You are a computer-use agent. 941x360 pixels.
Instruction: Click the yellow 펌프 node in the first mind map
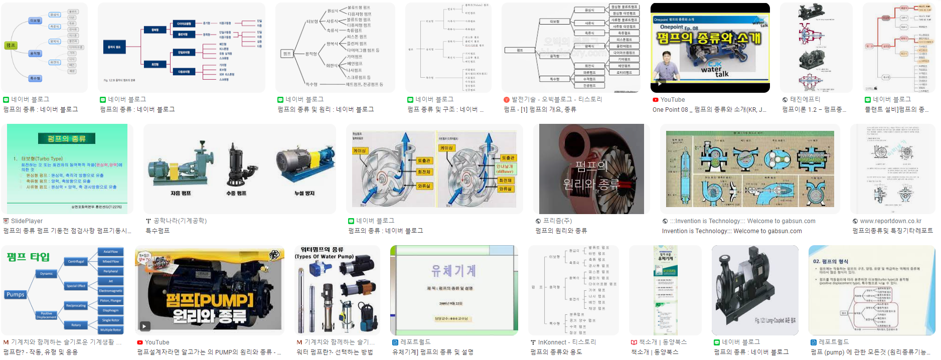(11, 46)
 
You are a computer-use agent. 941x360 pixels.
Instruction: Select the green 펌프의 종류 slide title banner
(67, 138)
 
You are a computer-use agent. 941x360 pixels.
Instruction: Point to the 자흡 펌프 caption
(181, 193)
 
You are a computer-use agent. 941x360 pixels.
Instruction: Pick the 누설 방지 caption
(304, 193)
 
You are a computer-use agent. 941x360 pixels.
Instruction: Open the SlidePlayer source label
(27, 221)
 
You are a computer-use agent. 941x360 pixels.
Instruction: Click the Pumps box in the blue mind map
(16, 294)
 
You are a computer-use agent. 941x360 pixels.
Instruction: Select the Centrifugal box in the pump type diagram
(76, 261)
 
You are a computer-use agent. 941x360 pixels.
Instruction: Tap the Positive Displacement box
(47, 315)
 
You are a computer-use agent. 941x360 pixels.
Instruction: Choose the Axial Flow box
(110, 252)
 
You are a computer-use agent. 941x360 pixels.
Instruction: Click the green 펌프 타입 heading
(28, 257)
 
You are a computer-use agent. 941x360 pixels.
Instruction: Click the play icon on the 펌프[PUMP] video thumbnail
(144, 326)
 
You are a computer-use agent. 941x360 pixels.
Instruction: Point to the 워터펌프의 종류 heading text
(322, 250)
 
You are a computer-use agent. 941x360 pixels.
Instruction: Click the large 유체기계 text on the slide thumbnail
(453, 271)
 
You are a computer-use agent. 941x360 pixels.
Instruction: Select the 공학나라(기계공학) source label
(180, 221)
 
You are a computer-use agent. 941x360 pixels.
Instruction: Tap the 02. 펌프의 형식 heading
(831, 261)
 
